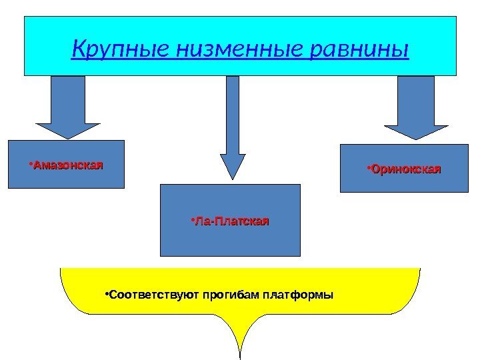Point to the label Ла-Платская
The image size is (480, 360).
click(x=232, y=220)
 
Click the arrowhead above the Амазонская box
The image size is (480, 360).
click(x=67, y=129)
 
